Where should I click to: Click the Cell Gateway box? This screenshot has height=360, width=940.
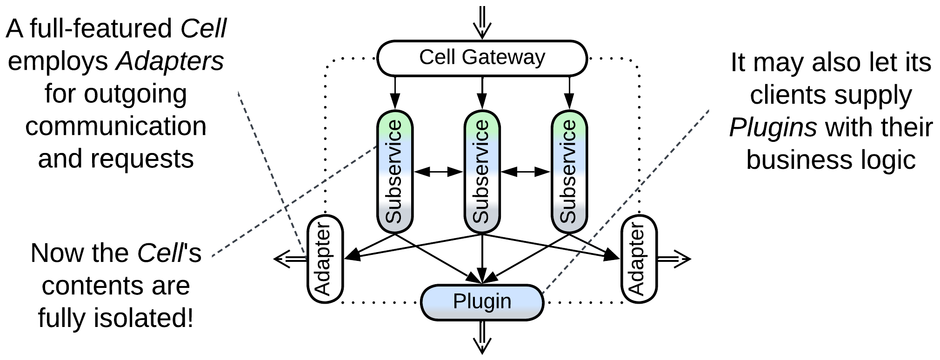(x=482, y=58)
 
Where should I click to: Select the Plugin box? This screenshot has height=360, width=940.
(x=482, y=302)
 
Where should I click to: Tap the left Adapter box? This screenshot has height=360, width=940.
(x=325, y=259)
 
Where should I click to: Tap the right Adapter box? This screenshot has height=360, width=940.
(x=639, y=259)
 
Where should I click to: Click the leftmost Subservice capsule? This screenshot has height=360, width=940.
(x=394, y=171)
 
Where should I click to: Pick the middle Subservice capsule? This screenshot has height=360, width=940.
(x=482, y=171)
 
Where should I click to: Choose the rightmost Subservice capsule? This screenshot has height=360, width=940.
(x=569, y=171)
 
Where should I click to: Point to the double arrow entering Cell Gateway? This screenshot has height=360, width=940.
(x=482, y=22)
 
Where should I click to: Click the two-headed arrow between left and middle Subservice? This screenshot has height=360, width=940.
(x=438, y=172)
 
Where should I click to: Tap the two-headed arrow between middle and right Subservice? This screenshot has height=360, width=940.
(x=526, y=172)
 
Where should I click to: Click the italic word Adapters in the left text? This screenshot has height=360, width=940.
(x=170, y=61)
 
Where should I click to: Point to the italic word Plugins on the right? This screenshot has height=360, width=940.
(x=773, y=127)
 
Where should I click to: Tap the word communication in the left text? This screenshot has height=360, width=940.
(x=116, y=126)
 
